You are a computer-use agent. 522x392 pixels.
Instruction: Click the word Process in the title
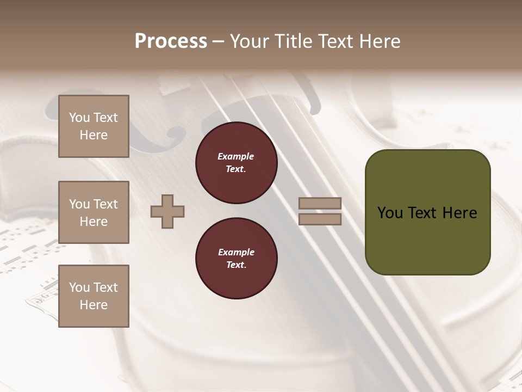[x=171, y=41]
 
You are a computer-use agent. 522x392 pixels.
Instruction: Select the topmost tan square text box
[x=94, y=126]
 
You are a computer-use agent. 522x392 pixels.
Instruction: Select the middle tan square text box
[x=94, y=212]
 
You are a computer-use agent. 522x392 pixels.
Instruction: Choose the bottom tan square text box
[x=94, y=296]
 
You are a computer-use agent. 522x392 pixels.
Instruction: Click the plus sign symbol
[x=167, y=211]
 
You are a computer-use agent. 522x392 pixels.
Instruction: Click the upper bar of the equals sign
[x=320, y=203]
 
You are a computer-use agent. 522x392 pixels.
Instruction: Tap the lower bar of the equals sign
[x=320, y=219]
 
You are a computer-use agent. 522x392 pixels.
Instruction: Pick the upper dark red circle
[x=237, y=163]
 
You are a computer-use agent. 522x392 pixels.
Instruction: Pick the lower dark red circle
[x=237, y=259]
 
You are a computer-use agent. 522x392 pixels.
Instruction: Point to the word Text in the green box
[x=427, y=213]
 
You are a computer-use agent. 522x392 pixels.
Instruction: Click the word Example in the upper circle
[x=236, y=156]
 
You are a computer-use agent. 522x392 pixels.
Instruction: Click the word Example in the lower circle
[x=236, y=252]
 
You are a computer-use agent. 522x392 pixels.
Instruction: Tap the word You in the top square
[x=79, y=118]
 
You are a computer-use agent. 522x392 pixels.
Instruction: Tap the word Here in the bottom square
[x=94, y=305]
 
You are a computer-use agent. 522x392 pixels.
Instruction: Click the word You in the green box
[x=390, y=213]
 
